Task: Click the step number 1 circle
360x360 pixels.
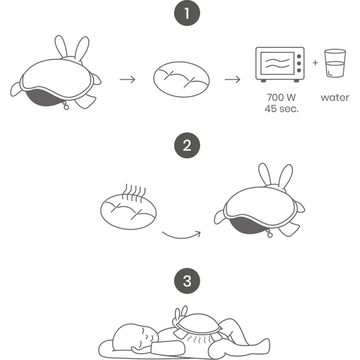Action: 187,13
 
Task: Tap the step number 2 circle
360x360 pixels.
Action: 187,145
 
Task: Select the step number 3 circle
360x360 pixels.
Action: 187,281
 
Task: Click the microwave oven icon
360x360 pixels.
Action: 280,65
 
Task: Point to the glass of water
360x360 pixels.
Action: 335,63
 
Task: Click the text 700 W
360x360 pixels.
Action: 281,97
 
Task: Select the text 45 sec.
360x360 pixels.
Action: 281,109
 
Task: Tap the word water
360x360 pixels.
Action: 335,98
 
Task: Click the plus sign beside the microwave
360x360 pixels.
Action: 315,62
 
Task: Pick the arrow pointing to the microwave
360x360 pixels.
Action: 233,80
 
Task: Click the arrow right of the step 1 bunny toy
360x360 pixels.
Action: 127,80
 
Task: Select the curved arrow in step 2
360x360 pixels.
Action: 181,236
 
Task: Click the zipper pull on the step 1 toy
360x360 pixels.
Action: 66,106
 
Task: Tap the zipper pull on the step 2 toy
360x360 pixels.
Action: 269,234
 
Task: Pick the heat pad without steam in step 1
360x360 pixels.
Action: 181,79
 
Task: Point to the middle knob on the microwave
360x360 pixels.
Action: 299,64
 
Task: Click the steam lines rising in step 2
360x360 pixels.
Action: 134,193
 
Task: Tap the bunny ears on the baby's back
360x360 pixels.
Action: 181,313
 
